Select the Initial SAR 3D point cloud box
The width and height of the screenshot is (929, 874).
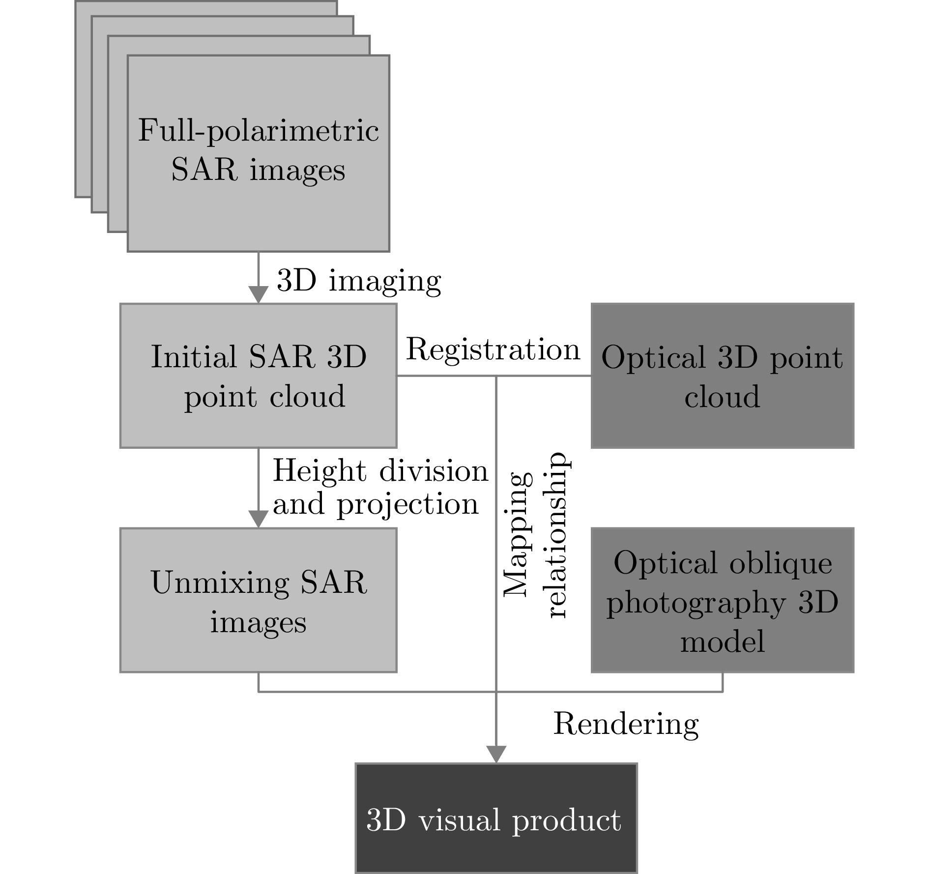click(x=259, y=376)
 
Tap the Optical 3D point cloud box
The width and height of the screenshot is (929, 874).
click(x=722, y=376)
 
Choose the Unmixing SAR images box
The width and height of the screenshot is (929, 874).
click(x=259, y=600)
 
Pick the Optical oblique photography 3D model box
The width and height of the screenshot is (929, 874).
click(x=722, y=600)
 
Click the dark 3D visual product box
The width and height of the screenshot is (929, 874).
click(x=496, y=818)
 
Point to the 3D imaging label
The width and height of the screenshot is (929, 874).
click(x=359, y=281)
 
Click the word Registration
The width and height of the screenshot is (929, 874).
click(x=493, y=350)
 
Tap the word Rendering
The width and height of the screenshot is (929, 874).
click(x=626, y=724)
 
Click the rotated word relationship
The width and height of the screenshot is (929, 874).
click(x=558, y=535)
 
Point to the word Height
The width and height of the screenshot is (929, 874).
click(x=319, y=471)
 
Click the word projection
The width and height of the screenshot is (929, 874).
click(x=407, y=504)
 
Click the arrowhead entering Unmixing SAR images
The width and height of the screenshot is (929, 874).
click(x=259, y=519)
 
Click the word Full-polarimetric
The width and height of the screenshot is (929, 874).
click(x=259, y=131)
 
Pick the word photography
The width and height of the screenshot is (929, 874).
click(x=696, y=603)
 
